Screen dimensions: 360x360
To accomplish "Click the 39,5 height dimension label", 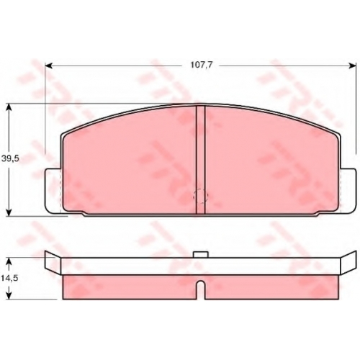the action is [x=10, y=158].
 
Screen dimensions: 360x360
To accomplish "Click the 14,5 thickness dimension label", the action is [x=10, y=279].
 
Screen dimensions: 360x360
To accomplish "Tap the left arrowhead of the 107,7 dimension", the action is [x=49, y=66].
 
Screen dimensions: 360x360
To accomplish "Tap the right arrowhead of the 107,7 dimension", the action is [x=352, y=66].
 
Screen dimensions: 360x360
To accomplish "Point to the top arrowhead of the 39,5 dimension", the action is [x=9, y=107].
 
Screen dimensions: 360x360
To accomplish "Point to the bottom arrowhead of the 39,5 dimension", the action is [x=9, y=212].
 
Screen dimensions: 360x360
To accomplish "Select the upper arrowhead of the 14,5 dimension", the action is [x=9, y=261].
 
